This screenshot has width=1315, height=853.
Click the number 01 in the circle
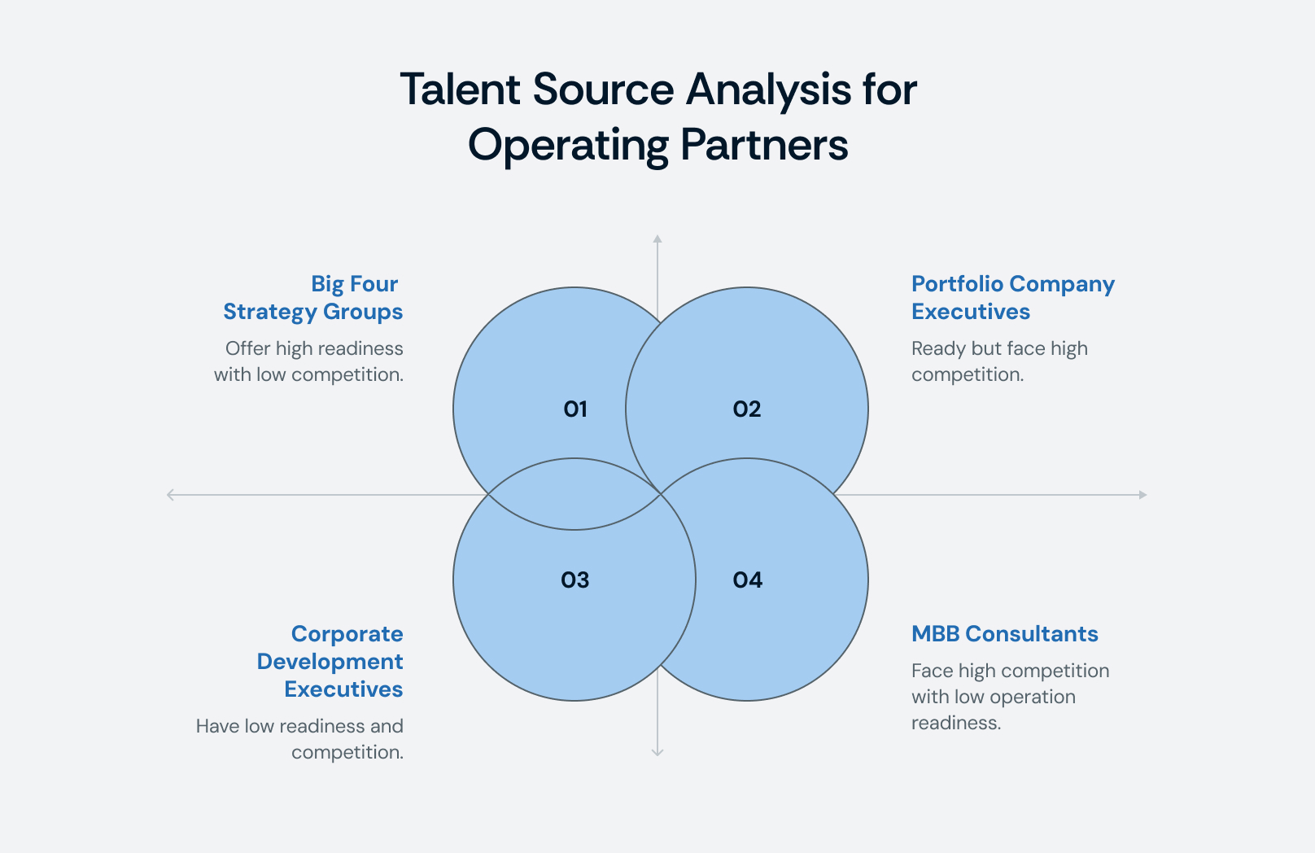pos(575,409)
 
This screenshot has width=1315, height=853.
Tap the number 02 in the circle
pos(747,409)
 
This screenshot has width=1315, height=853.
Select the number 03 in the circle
pos(575,580)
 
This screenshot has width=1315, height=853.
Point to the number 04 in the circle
pos(747,580)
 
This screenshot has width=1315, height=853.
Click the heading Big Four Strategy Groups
pos(313,298)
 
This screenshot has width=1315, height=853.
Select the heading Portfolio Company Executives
pos(1012,298)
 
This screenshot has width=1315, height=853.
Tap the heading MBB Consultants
pos(1004,634)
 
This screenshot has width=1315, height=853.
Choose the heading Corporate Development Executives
pos(330,662)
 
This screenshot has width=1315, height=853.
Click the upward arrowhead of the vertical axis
pos(657,238)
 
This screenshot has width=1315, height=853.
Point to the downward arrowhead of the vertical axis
pos(657,753)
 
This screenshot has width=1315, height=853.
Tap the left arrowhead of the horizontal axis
pos(170,495)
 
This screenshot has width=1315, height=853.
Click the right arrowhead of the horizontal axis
pos(1143,495)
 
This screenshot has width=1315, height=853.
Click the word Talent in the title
pos(460,89)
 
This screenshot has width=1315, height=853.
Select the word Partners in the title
pos(764,145)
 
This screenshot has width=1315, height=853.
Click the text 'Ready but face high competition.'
pos(999,361)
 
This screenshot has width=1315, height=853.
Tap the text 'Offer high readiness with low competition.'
pos(309,361)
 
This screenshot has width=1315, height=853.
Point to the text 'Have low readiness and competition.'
pos(300,739)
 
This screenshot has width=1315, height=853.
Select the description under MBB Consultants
pos(1010,697)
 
